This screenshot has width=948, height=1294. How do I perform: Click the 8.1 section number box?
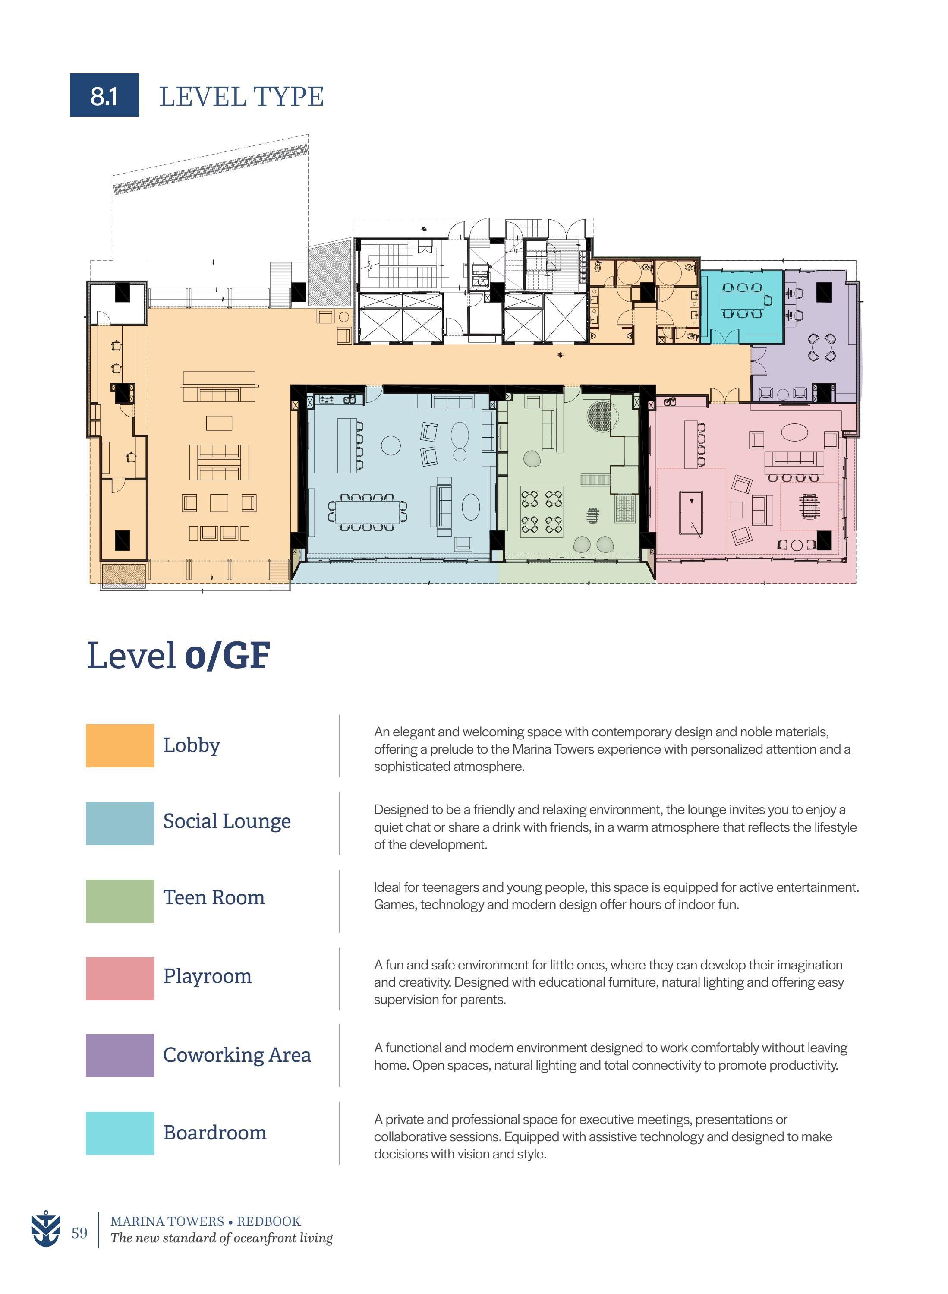[104, 95]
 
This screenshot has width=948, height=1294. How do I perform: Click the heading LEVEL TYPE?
[241, 96]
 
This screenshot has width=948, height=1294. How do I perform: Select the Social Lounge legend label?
[227, 821]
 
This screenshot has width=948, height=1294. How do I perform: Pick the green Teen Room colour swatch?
[120, 901]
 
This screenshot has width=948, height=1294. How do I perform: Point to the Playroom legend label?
[207, 976]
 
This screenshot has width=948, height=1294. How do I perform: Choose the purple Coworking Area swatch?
[120, 1055]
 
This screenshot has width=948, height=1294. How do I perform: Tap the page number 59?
[79, 1233]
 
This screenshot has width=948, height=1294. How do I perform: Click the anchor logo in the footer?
[45, 1229]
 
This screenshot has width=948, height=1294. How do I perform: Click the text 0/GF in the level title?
[227, 656]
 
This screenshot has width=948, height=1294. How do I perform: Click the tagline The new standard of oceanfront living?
[221, 1238]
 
